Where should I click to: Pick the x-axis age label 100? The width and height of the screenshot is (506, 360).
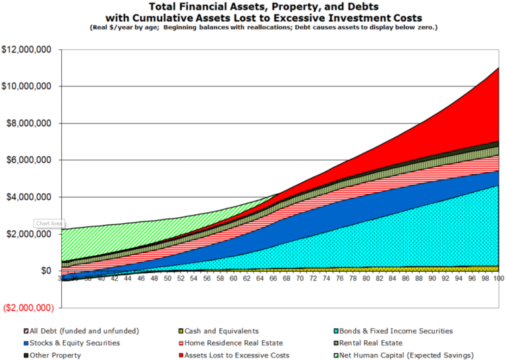click(498, 279)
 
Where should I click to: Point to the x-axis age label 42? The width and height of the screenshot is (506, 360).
click(114, 279)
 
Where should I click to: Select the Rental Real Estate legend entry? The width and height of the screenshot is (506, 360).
click(376, 343)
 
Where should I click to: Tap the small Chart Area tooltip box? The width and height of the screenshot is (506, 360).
click(48, 224)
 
